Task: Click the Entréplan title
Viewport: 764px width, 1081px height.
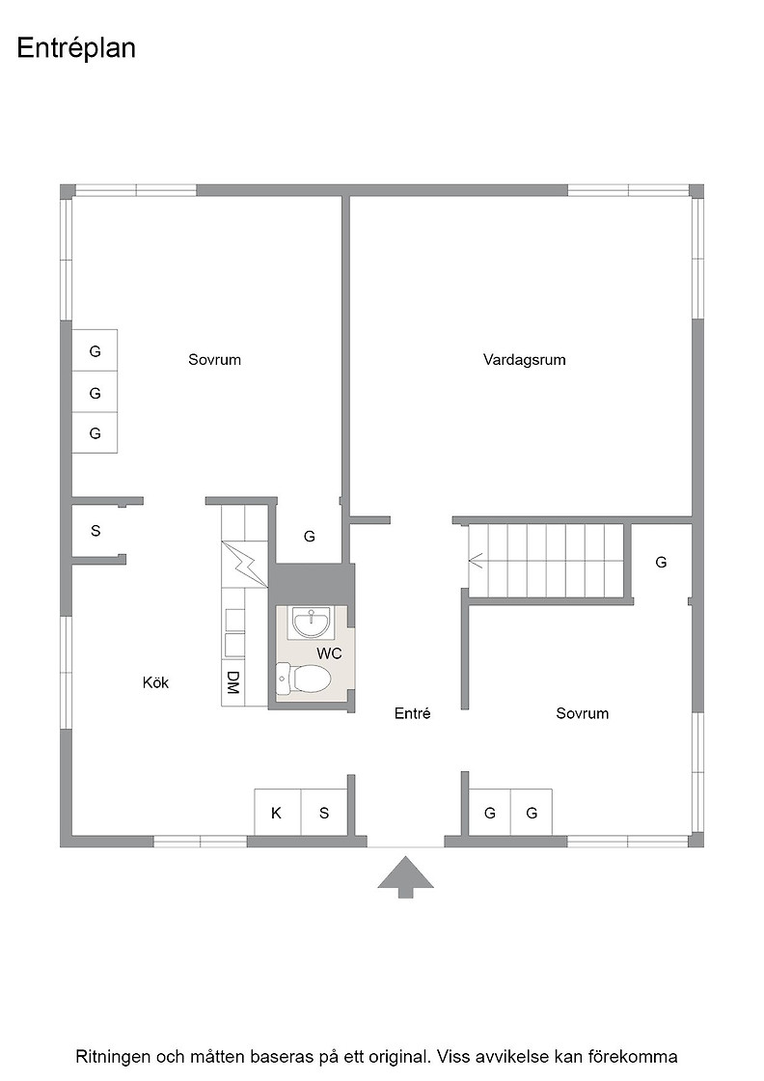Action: pos(76,49)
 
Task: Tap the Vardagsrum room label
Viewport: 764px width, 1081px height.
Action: pos(524,359)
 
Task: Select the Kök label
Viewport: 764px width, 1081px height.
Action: pos(155,682)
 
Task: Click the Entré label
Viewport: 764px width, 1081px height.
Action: pos(413,713)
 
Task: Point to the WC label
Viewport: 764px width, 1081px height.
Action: pos(329,653)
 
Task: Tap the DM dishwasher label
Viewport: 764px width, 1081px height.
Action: pos(232,682)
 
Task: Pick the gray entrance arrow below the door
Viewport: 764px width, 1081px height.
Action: pos(406,876)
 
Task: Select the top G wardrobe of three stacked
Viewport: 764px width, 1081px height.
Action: pos(95,351)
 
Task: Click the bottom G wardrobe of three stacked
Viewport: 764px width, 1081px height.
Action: pos(95,433)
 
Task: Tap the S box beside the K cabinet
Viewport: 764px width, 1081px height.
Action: pos(324,812)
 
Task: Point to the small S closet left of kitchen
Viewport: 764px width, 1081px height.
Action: pos(95,530)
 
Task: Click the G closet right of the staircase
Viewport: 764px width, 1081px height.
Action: pos(662,562)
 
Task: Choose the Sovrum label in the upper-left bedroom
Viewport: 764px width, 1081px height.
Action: pos(214,359)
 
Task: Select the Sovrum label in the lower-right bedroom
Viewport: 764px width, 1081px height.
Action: pos(582,713)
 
